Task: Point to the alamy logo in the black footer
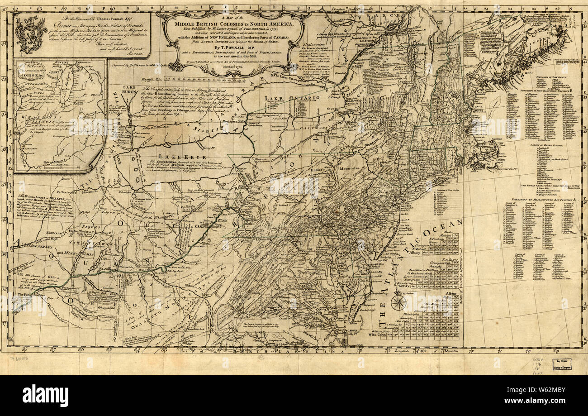point(45,396)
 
